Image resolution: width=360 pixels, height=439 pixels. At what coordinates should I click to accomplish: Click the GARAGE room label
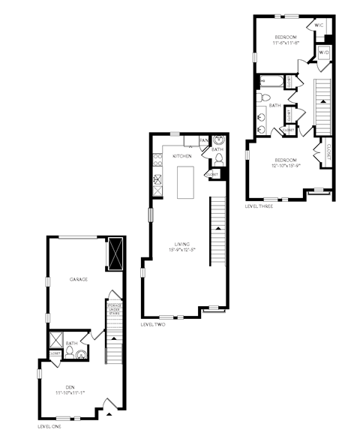pyautogui.click(x=79, y=278)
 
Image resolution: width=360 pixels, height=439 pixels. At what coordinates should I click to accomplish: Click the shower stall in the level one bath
pyautogui.click(x=56, y=337)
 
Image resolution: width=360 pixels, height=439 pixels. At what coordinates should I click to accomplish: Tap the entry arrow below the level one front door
pyautogui.click(x=109, y=412)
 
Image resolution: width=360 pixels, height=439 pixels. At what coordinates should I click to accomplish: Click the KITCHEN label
pyautogui.click(x=182, y=155)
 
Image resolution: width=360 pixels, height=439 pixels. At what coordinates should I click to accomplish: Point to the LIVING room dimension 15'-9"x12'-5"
pyautogui.click(x=181, y=249)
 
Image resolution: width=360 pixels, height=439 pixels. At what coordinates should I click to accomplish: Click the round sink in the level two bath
pyautogui.click(x=218, y=140)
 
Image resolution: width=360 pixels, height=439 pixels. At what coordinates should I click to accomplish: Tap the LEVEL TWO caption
pyautogui.click(x=153, y=324)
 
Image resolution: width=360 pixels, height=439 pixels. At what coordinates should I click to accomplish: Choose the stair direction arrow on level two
pyautogui.click(x=217, y=226)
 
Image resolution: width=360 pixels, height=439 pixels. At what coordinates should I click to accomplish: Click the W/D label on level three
pyautogui.click(x=324, y=53)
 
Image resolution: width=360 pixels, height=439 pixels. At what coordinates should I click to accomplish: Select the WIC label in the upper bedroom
pyautogui.click(x=319, y=25)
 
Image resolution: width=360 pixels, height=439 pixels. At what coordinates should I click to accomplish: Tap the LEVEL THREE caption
pyautogui.click(x=259, y=205)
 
